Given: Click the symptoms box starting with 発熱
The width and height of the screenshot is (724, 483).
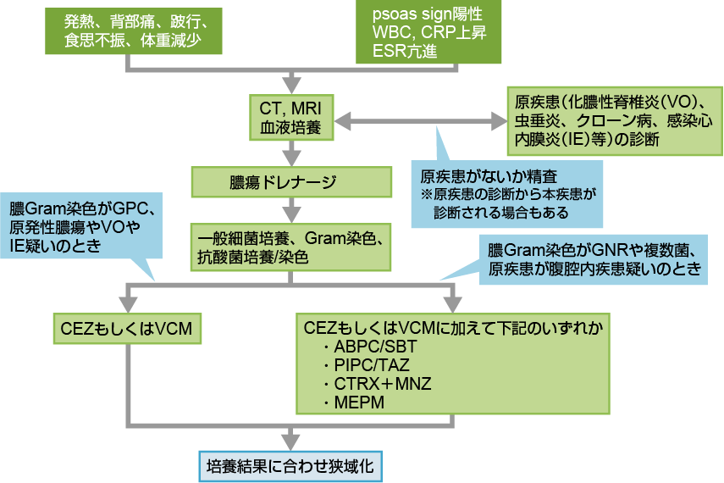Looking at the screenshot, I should click(x=128, y=31).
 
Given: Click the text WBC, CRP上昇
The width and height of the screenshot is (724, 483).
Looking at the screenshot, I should click(x=430, y=34).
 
